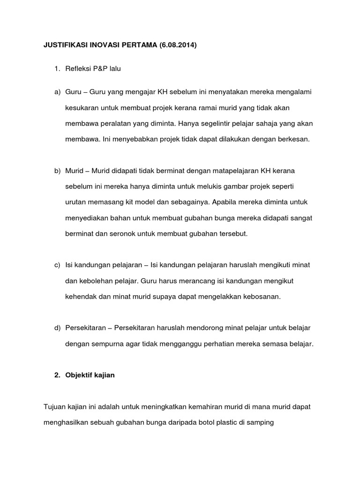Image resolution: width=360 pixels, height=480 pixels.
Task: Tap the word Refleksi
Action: click(80, 69)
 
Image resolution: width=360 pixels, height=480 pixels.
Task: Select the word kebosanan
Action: click(260, 296)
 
